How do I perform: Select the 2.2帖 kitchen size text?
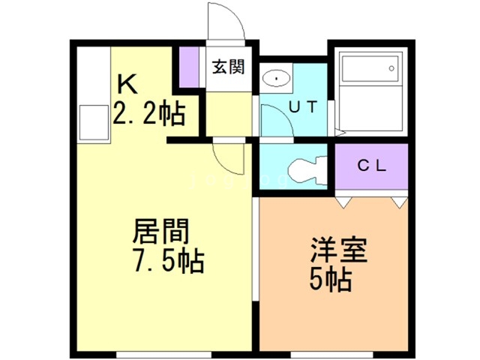click(x=148, y=114)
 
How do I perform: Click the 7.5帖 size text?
click(x=166, y=262)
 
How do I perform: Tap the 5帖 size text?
click(x=330, y=280)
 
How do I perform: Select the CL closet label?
click(x=370, y=166)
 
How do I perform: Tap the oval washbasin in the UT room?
click(x=277, y=77)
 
